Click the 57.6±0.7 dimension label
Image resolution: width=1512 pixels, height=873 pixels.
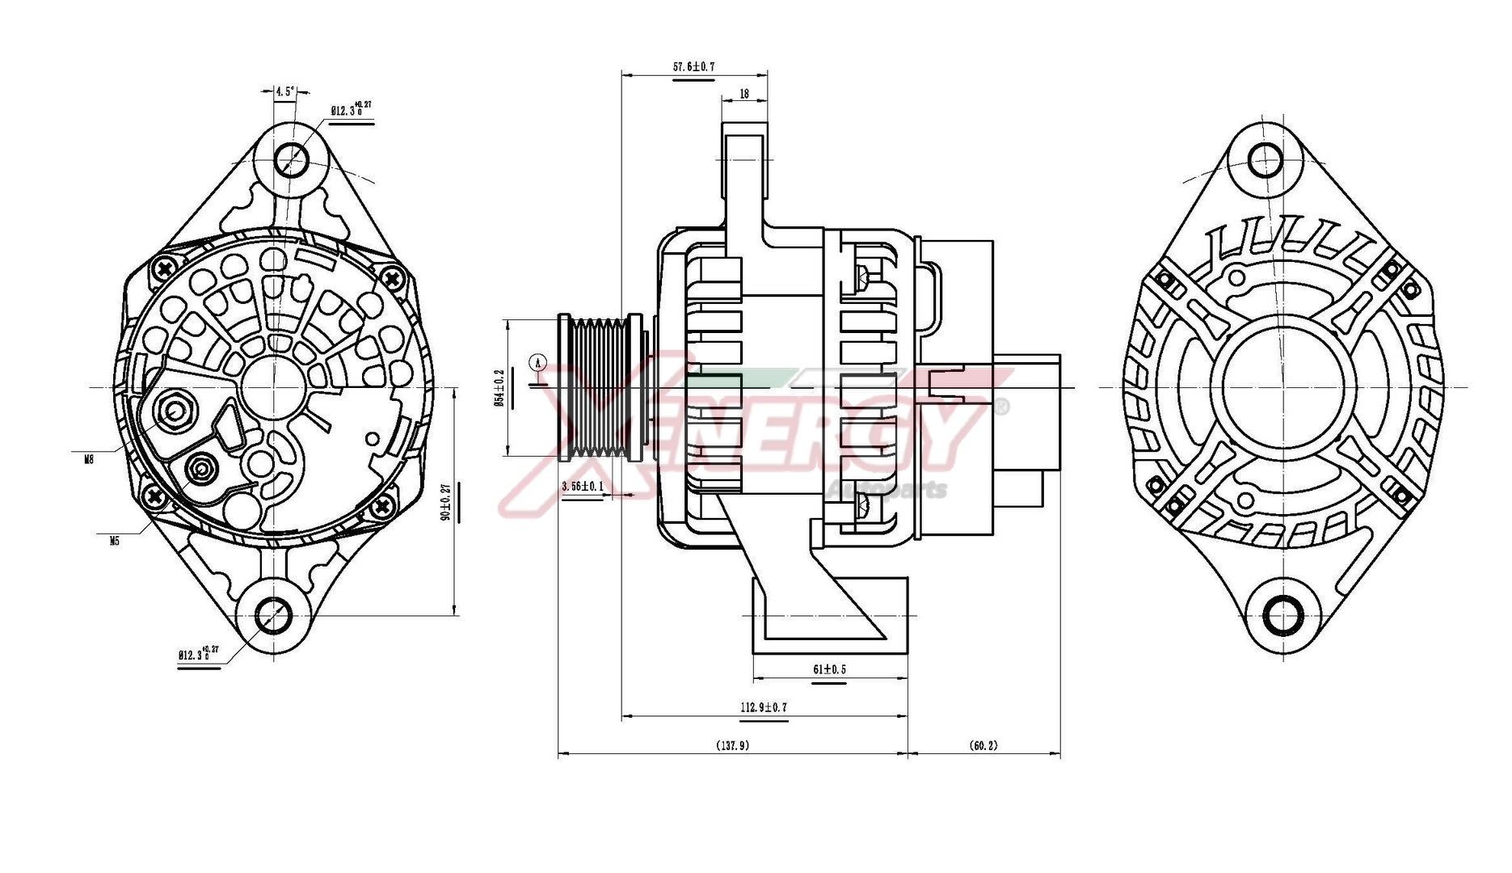click(x=693, y=67)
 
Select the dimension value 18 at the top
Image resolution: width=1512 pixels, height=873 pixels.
click(x=743, y=94)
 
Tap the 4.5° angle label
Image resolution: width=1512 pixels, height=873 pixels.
click(x=284, y=91)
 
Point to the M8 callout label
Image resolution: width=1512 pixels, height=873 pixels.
click(x=89, y=459)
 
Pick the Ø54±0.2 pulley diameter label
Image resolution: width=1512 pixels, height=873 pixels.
click(x=499, y=388)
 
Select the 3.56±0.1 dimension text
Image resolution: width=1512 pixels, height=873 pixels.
click(x=583, y=487)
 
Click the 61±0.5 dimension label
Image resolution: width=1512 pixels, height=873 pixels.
click(x=829, y=669)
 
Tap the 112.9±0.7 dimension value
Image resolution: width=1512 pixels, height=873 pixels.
click(x=763, y=707)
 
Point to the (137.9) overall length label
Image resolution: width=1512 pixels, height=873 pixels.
click(x=732, y=745)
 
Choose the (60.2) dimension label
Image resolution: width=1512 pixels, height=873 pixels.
click(x=983, y=745)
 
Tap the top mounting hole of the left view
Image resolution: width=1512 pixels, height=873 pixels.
click(x=290, y=158)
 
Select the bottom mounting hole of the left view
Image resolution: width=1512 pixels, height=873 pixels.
click(x=274, y=617)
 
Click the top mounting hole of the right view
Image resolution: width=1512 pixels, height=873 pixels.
click(x=1265, y=159)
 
